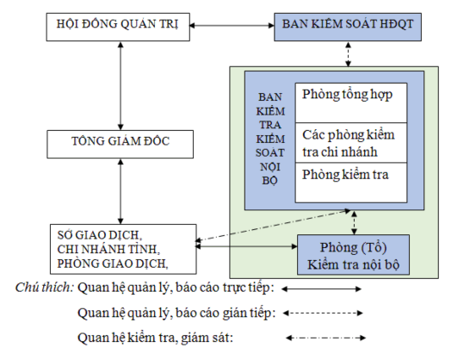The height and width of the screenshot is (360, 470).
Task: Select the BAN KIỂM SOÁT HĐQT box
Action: (348, 25)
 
